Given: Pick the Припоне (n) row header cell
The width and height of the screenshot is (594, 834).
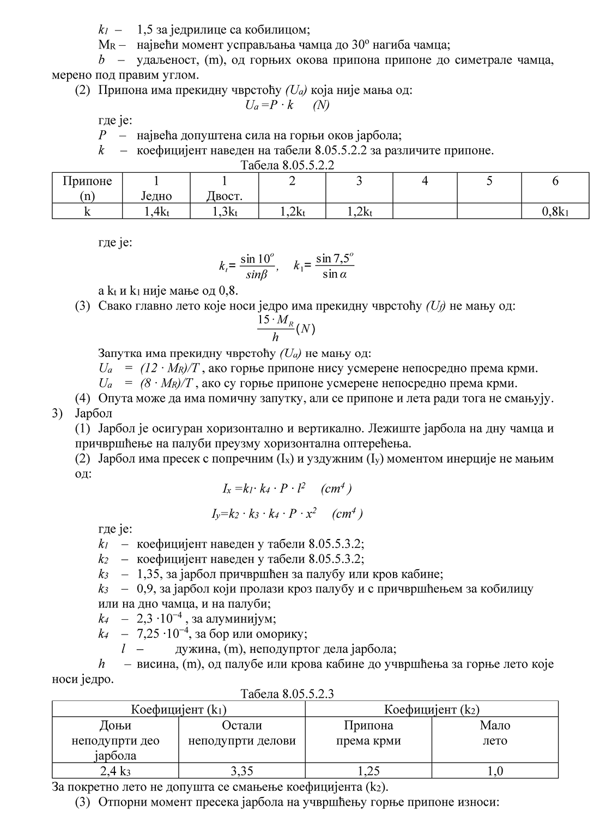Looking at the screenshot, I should coord(87,188).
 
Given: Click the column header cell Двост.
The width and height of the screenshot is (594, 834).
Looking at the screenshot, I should coord(224,196).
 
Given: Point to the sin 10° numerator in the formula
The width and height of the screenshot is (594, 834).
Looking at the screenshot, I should coord(257,259).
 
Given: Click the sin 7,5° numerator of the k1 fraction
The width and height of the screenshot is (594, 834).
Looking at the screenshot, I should coord(335,258).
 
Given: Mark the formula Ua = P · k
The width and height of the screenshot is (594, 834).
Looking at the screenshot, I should coord(287,105).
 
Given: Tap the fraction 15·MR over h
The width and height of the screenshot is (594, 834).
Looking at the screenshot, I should coord(276,329).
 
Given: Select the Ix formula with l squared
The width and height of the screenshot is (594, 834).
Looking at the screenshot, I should coord(287,488).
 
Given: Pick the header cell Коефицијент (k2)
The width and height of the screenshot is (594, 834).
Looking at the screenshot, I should coord(432,710).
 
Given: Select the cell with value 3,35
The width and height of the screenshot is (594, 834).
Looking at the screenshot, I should coord(242,771).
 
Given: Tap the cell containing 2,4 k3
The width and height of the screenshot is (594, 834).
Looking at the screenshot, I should coord(116,771).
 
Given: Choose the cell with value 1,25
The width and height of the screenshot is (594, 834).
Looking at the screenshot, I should coord(368,771).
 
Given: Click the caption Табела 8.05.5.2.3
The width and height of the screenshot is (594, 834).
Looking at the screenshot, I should coord(287,694).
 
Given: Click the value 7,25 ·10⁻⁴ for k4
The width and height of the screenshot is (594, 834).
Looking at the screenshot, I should coord(163,633).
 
